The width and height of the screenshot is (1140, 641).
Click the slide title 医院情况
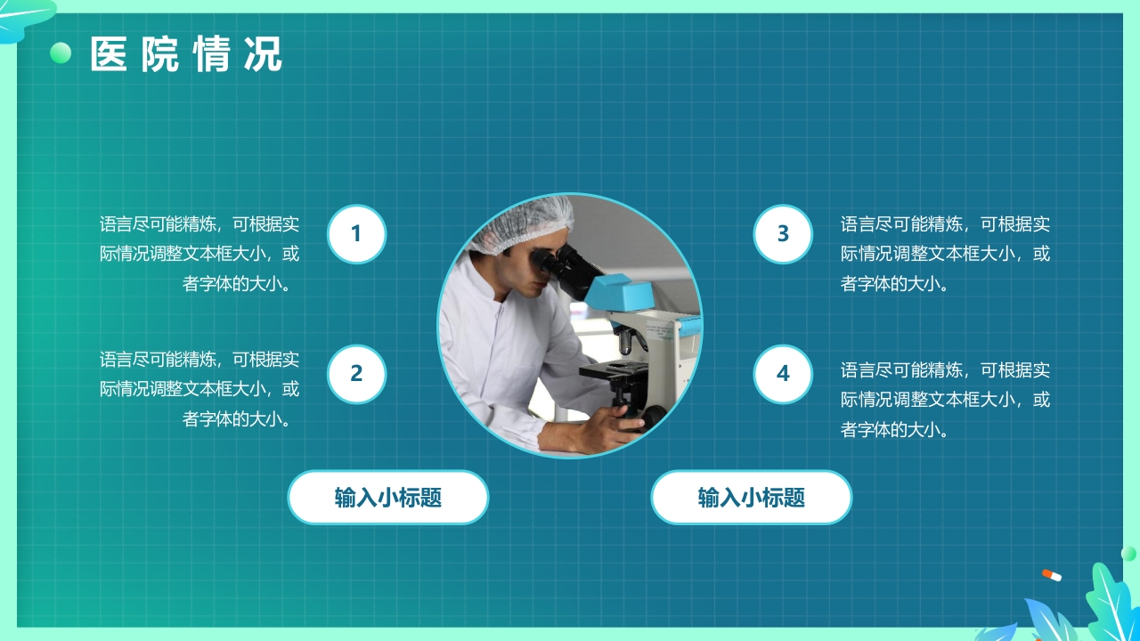point(186,54)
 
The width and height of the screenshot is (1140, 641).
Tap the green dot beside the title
point(61,53)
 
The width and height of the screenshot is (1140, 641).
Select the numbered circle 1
point(356,234)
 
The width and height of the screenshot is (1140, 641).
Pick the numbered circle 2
point(356,374)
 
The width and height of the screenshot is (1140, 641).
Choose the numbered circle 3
point(783,234)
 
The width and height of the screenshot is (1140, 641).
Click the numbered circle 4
point(783,374)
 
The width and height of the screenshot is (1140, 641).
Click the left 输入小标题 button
point(388,497)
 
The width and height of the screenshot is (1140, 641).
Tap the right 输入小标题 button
point(752,497)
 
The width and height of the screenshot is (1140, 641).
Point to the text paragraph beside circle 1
point(199,254)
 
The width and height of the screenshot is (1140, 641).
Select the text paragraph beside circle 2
point(199,389)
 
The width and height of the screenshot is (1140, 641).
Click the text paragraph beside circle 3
point(945,254)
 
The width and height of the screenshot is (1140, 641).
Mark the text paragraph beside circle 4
point(945,400)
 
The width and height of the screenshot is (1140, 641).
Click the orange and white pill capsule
point(1052,575)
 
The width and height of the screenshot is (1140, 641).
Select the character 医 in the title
point(109,54)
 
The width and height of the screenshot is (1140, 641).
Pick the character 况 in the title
point(263,54)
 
